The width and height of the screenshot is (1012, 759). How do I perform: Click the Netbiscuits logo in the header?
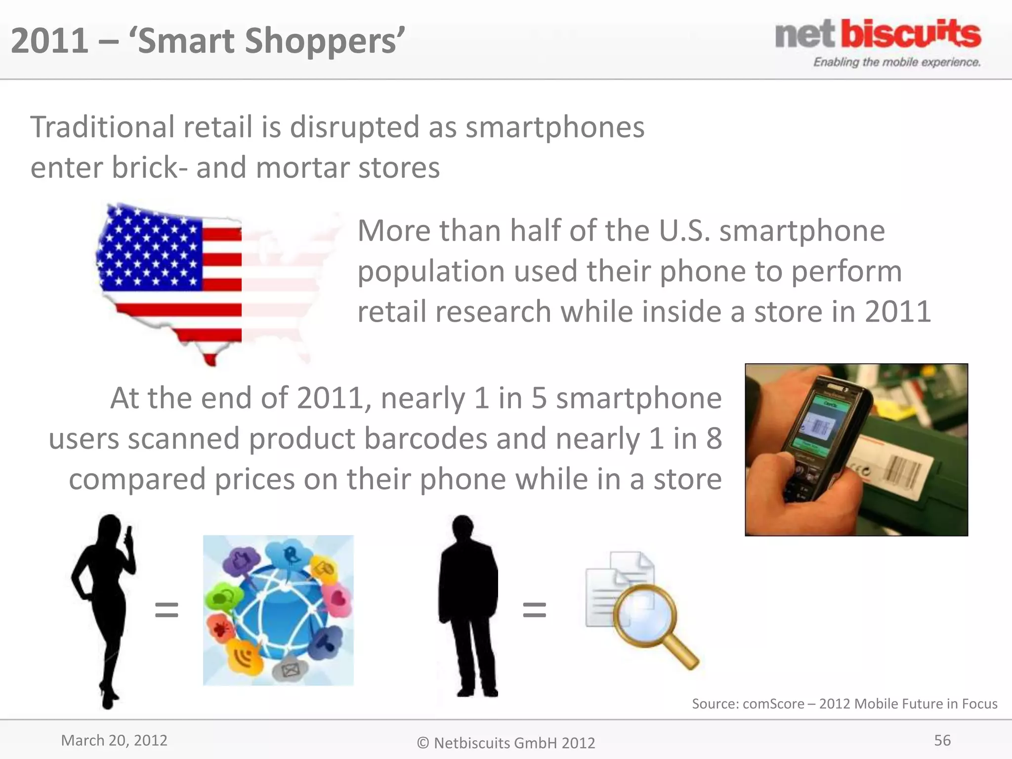point(878,35)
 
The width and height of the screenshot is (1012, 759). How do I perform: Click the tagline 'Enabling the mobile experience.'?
point(896,62)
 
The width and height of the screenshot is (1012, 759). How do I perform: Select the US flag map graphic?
point(198,282)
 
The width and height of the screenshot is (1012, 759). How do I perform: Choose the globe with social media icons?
point(278,610)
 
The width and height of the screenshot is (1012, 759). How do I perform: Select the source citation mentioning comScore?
point(844,704)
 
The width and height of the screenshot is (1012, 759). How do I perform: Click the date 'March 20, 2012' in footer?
point(114,740)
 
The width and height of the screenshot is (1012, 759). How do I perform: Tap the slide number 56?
point(942,740)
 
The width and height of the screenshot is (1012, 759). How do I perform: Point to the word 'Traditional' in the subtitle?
point(102,127)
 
